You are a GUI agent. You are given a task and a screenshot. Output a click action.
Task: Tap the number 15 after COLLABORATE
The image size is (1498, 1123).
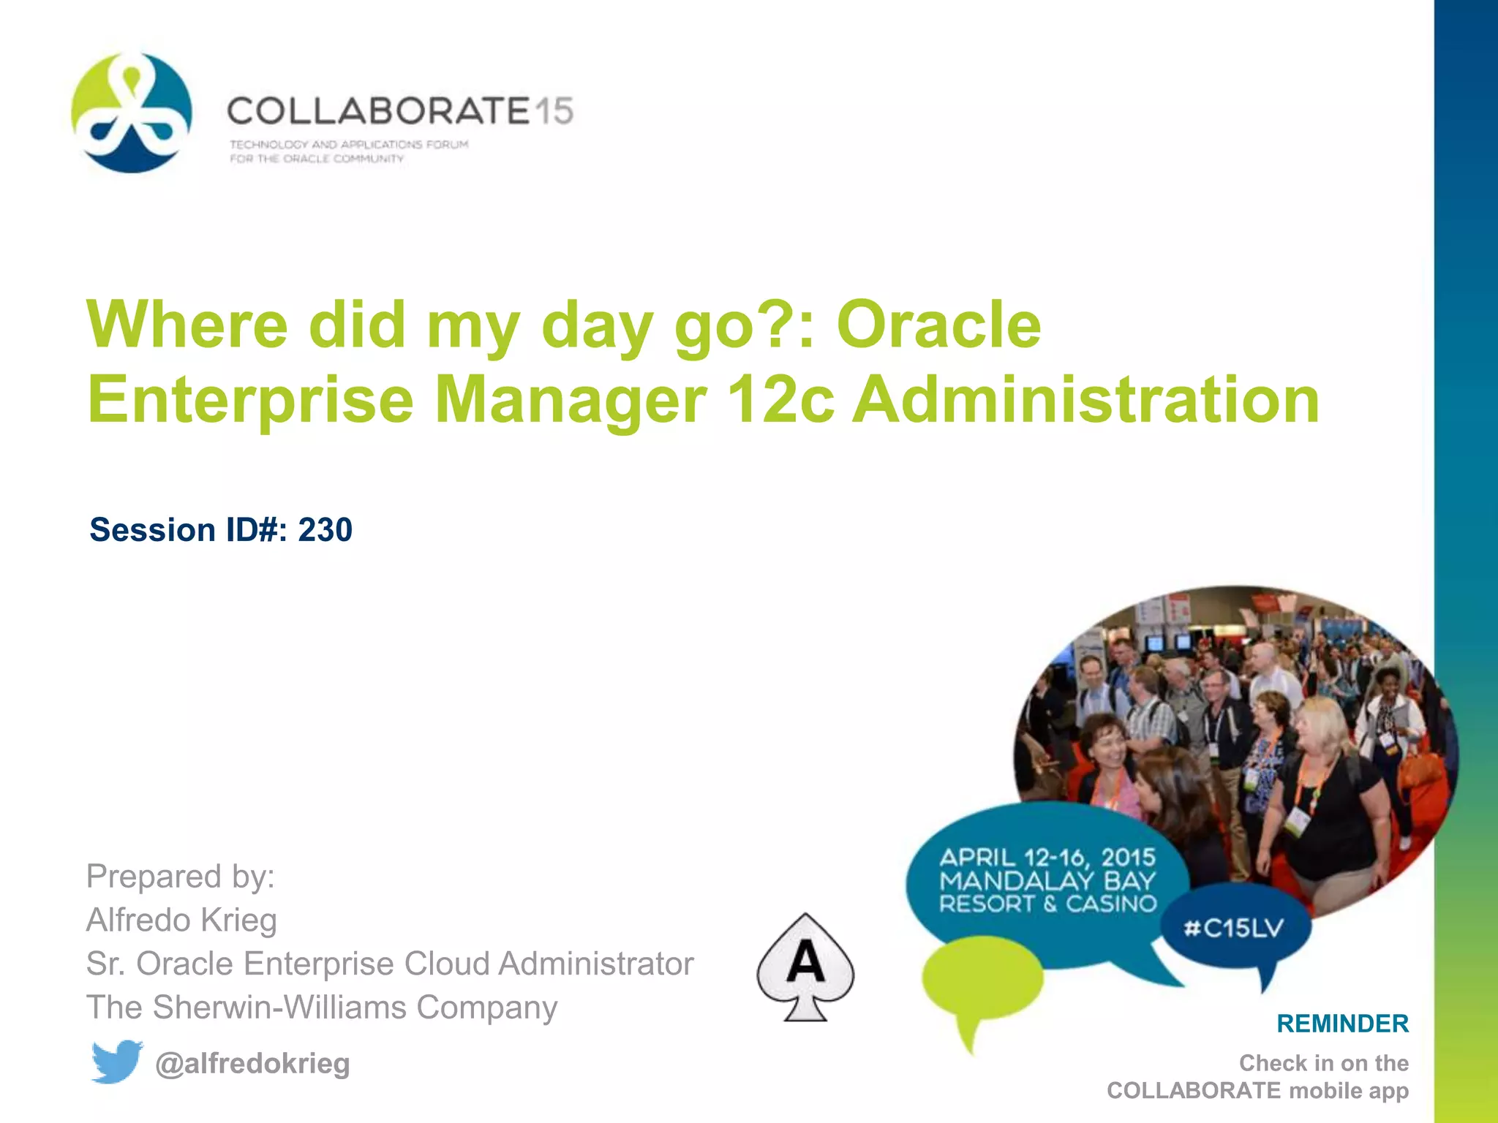click(553, 111)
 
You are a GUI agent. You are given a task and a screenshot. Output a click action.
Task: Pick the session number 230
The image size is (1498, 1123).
click(325, 529)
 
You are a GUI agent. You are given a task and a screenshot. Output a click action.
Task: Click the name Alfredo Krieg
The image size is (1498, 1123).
click(181, 920)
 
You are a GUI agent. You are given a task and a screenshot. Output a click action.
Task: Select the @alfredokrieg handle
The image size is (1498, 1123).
click(252, 1063)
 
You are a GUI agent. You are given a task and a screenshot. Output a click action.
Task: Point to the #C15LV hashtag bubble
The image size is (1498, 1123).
click(1234, 929)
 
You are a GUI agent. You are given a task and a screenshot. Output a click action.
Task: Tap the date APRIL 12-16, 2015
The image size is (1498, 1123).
click(1047, 857)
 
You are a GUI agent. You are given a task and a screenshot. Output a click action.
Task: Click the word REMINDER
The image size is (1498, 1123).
click(1342, 1024)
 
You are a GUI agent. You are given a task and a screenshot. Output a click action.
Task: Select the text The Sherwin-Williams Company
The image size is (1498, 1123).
click(322, 1007)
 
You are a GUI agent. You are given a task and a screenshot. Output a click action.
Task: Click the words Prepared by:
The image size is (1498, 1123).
click(180, 876)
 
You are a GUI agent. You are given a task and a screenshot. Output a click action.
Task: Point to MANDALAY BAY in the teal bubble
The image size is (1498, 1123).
click(1047, 880)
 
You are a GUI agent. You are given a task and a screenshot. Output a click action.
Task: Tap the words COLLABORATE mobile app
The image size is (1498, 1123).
click(1257, 1090)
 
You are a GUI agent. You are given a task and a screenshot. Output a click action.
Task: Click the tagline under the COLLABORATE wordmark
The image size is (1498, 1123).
click(348, 151)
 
